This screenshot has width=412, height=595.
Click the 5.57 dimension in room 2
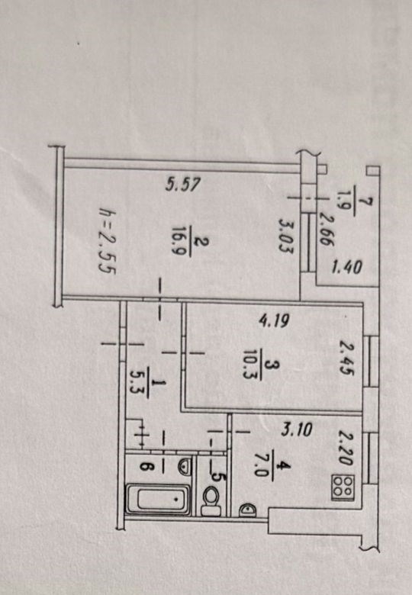click(x=183, y=185)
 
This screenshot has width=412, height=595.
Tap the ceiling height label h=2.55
click(x=107, y=240)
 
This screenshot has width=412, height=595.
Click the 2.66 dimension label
click(x=326, y=229)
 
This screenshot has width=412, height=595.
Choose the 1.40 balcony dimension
click(x=346, y=268)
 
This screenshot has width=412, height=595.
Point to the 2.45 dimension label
click(x=346, y=359)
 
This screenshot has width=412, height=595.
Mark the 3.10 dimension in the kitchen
click(x=297, y=430)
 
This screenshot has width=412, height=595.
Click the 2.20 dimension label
click(x=346, y=447)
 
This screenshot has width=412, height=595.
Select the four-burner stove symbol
click(x=343, y=487)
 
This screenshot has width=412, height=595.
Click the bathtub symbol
click(x=158, y=499)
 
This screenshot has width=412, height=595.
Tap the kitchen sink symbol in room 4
click(x=248, y=510)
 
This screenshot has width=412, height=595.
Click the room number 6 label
click(x=145, y=466)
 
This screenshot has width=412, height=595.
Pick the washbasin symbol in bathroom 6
click(x=184, y=466)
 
